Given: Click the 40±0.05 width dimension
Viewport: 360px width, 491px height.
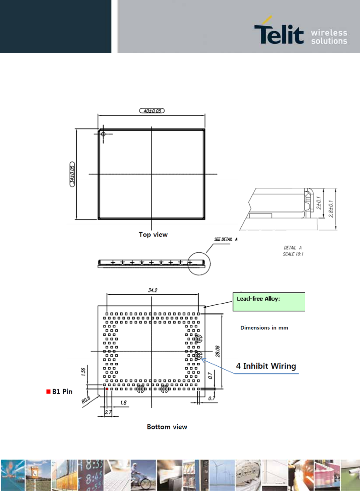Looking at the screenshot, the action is pos(152,111).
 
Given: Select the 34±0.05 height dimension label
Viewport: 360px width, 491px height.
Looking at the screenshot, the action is pos(72,174).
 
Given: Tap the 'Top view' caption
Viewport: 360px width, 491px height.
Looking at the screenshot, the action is pos(153,235).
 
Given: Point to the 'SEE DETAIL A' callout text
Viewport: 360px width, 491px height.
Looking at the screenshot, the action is pos(226,239).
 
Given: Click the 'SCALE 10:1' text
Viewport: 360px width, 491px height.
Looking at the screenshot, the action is pos(293,254).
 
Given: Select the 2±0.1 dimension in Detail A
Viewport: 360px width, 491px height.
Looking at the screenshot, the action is pos(319,203).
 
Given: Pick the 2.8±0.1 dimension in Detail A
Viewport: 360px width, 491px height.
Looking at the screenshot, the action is pos(331,209).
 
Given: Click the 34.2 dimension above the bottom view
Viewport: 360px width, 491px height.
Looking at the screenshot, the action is pos(152,290).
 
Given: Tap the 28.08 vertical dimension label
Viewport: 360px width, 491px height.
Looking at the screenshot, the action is pos(218,351).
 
